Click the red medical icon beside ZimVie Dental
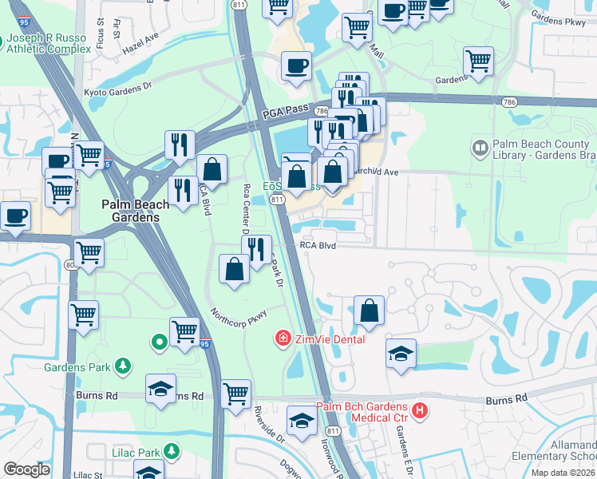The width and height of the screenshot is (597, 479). pos(282,339)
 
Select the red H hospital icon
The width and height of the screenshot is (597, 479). pos(421,412)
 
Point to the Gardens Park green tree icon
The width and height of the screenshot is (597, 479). pos(122,366)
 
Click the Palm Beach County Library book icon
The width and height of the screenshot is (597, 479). pos(480,147)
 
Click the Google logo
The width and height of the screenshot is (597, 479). pos(26,469)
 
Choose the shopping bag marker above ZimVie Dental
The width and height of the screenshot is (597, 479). pos(369,311)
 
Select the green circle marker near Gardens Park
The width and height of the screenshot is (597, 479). pos(159,342)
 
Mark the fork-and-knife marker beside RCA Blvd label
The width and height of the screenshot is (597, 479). pos(256,249)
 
